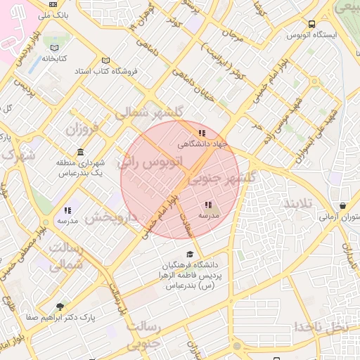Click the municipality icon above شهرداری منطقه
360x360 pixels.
pyautogui.click(x=82, y=152)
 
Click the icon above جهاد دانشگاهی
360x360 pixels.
pyautogui.click(x=202, y=133)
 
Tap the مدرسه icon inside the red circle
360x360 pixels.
pyautogui.click(x=208, y=205)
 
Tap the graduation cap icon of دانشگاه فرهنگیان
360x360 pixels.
pyautogui.click(x=188, y=255)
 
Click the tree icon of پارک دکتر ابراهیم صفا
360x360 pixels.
pyautogui.click(x=59, y=307)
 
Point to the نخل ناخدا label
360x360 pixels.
pyautogui.click(x=321, y=327)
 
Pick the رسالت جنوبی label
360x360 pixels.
pyautogui.click(x=143, y=337)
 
